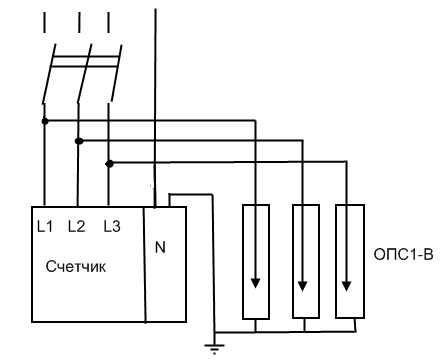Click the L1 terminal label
tap(43, 226)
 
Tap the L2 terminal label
tap(77, 226)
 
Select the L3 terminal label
tap(111, 226)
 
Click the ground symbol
tap(212, 346)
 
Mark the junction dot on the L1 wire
tap(43, 120)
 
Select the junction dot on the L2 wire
tap(78, 141)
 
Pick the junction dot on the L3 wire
tap(111, 161)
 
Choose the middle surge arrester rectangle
tap(304, 262)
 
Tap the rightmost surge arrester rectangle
tap(348, 262)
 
